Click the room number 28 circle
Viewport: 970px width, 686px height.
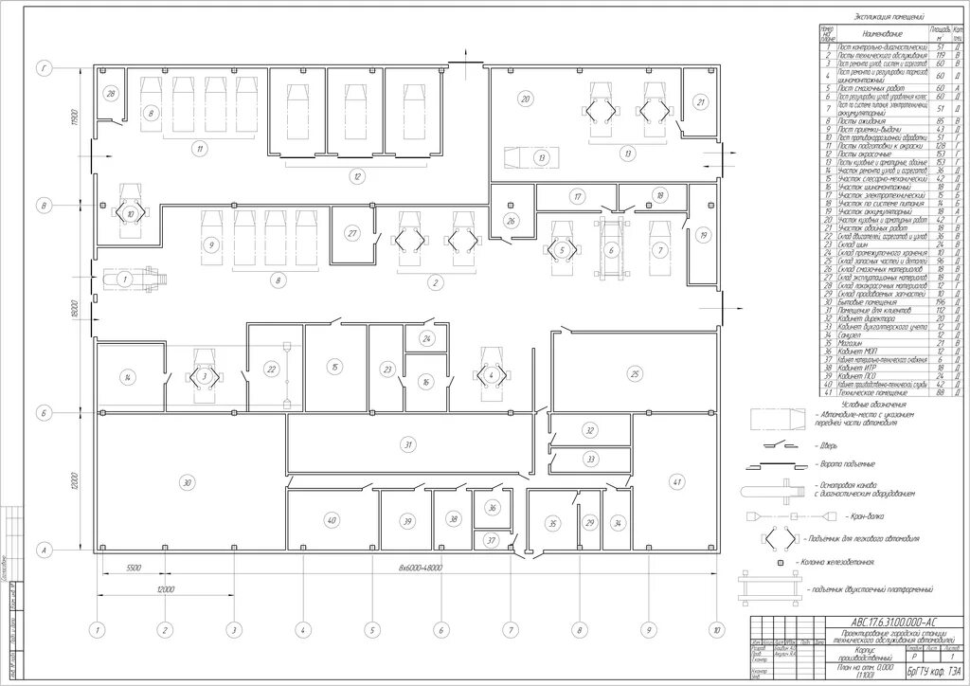[x=111, y=94]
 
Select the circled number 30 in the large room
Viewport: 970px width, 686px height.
[x=188, y=483]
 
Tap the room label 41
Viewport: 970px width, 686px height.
[x=676, y=483]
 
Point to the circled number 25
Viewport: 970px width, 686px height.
[x=635, y=372]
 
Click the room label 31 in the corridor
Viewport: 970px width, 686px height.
[x=408, y=443]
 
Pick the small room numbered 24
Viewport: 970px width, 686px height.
[x=427, y=338]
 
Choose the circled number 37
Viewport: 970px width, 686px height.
[x=491, y=540]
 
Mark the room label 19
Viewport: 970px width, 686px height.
[x=703, y=233]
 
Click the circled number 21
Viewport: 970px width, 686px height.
[x=701, y=102]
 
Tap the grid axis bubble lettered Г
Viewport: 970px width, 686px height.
[x=44, y=68]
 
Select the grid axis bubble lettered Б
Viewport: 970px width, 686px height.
[x=44, y=413]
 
